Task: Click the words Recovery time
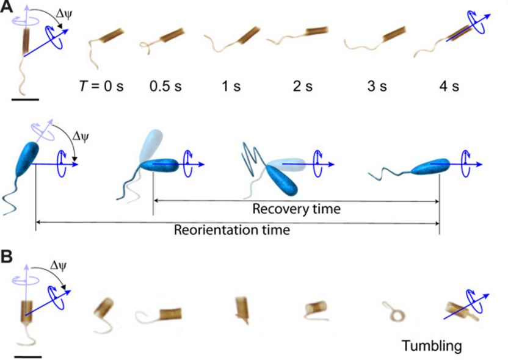[296, 209]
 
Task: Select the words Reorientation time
[231, 231]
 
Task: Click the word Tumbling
[431, 347]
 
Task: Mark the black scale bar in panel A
[25, 98]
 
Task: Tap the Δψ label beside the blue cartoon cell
[80, 135]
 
